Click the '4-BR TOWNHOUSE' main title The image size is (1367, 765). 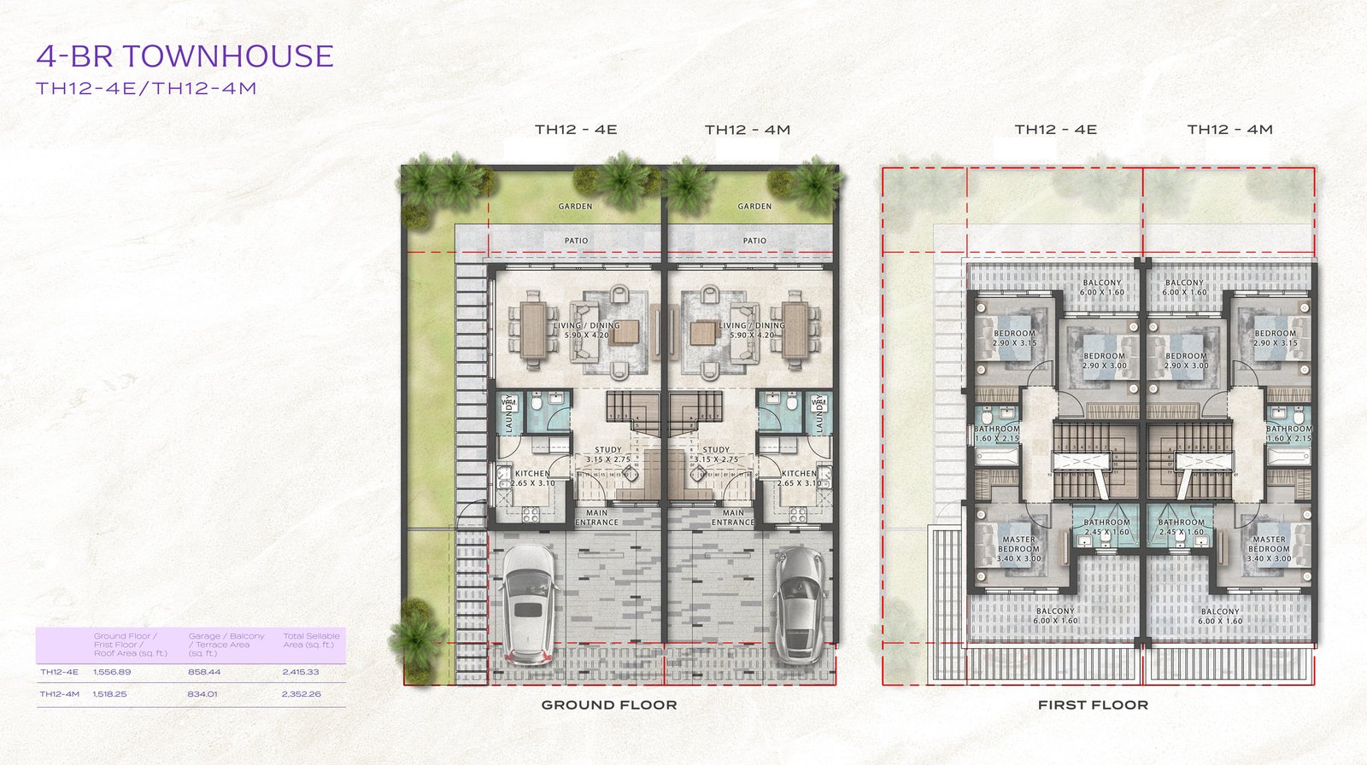click(185, 56)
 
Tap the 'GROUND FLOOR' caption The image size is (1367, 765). click(609, 705)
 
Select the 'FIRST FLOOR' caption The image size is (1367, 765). click(1093, 705)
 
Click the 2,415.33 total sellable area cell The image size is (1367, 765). click(300, 672)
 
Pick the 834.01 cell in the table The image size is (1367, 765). click(202, 694)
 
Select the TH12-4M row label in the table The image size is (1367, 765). click(59, 694)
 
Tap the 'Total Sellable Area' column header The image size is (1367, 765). click(311, 640)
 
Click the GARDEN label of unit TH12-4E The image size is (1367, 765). click(575, 207)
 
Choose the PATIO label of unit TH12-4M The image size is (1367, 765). click(754, 241)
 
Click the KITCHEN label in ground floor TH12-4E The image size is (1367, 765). click(532, 478)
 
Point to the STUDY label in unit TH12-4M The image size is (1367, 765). click(716, 454)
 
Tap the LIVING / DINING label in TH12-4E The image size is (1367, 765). click(586, 330)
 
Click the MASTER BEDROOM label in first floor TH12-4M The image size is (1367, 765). click(1269, 549)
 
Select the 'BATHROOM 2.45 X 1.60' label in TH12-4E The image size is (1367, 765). click(1106, 527)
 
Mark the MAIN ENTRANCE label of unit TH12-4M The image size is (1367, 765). click(733, 517)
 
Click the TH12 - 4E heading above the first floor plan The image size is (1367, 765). click(1055, 130)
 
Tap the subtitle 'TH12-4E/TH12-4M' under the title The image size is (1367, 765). click(146, 88)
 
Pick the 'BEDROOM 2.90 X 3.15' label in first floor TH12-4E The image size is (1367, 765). click(1014, 338)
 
